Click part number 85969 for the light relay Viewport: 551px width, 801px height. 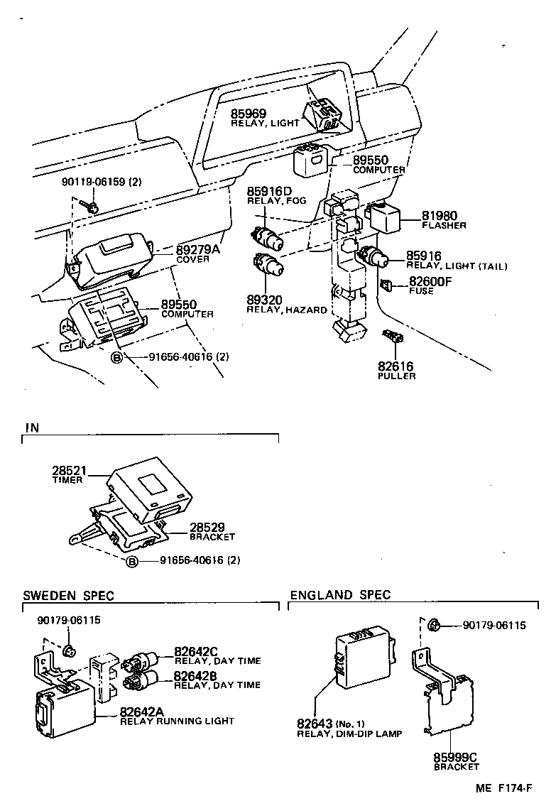pyautogui.click(x=247, y=113)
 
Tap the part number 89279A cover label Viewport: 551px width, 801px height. pyautogui.click(x=198, y=250)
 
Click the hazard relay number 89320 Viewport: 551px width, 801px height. pyautogui.click(x=264, y=300)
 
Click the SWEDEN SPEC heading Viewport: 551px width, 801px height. pyautogui.click(x=68, y=596)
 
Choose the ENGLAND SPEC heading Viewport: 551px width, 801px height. pyautogui.click(x=340, y=595)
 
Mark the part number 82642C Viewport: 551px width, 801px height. pyautogui.click(x=197, y=651)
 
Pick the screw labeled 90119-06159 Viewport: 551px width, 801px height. pyautogui.click(x=92, y=206)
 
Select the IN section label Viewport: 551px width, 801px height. pyautogui.click(x=32, y=427)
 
